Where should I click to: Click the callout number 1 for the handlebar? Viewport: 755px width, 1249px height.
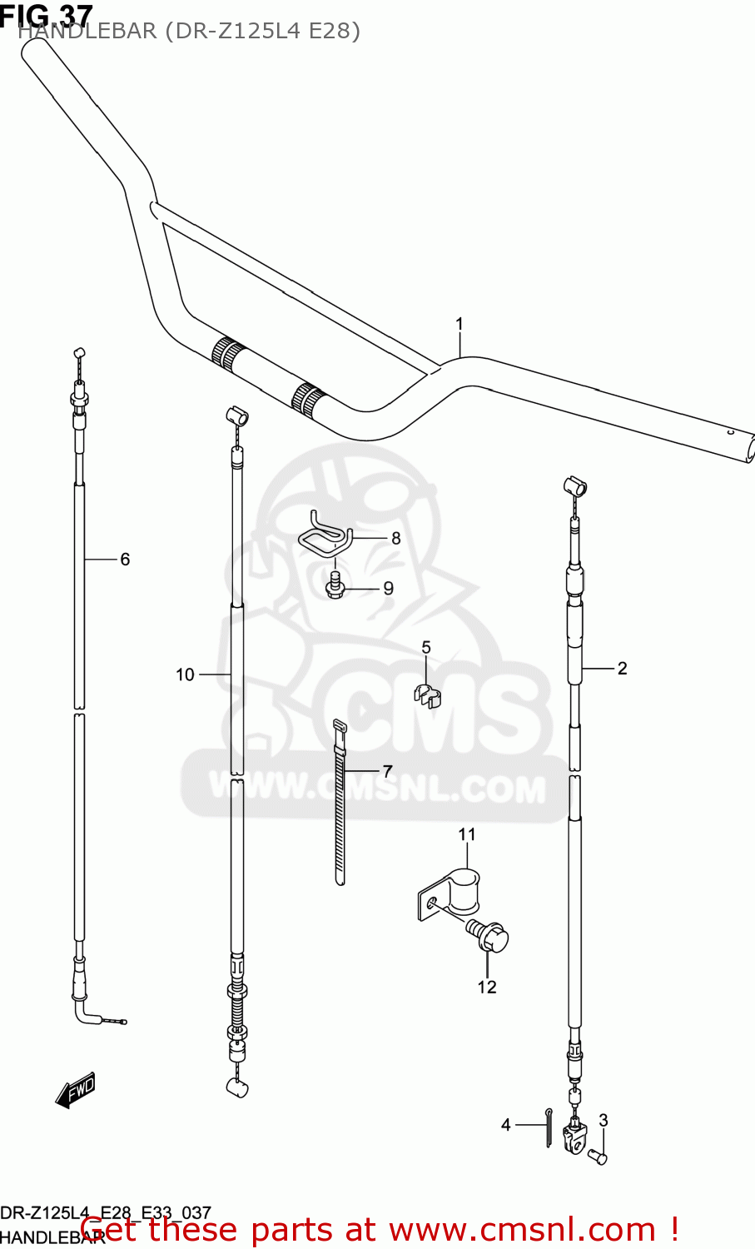(x=459, y=324)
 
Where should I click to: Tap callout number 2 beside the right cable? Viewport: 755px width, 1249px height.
(x=622, y=668)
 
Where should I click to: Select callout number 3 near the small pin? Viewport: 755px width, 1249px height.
(x=604, y=1120)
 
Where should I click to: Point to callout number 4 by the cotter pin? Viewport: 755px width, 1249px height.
(x=505, y=1125)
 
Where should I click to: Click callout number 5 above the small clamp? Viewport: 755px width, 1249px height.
(x=426, y=648)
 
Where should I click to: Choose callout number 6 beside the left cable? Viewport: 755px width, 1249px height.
(x=125, y=559)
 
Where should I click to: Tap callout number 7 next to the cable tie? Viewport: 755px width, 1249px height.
(x=387, y=771)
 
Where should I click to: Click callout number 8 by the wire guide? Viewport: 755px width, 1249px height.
(x=395, y=538)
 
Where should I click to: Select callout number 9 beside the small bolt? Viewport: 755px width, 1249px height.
(x=388, y=588)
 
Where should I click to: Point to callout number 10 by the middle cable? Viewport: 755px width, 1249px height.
(x=185, y=674)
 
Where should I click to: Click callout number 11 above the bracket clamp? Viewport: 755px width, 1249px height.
(x=467, y=833)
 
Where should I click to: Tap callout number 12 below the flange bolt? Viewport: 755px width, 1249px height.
(x=487, y=987)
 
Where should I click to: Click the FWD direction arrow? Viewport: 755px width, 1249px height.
(x=76, y=1089)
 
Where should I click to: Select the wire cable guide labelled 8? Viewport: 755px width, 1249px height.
(x=325, y=535)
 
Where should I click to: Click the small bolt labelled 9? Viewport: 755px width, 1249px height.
(x=336, y=585)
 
